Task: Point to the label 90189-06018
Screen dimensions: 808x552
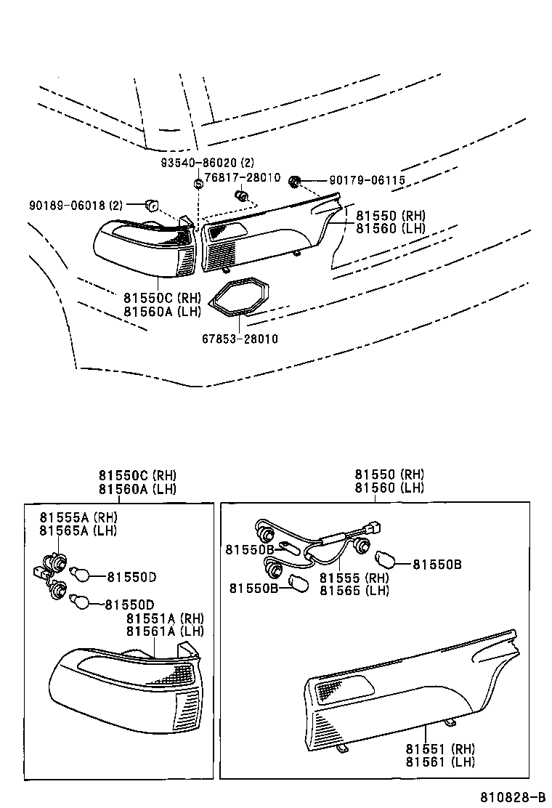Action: (x=68, y=205)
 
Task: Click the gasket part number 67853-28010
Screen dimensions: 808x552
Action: (x=240, y=339)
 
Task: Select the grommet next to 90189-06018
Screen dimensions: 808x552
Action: (x=151, y=205)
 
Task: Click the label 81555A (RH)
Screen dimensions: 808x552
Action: (x=78, y=517)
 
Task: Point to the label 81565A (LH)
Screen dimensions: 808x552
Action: (x=78, y=530)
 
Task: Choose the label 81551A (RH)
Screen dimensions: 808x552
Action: (x=164, y=618)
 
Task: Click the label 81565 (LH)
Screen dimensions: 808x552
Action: (x=354, y=591)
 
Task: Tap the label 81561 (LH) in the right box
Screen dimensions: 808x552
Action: (x=440, y=761)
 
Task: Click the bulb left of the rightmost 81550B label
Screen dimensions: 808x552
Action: (x=386, y=560)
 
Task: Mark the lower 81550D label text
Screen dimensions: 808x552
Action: (x=129, y=604)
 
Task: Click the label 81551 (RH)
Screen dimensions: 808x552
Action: (x=440, y=748)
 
